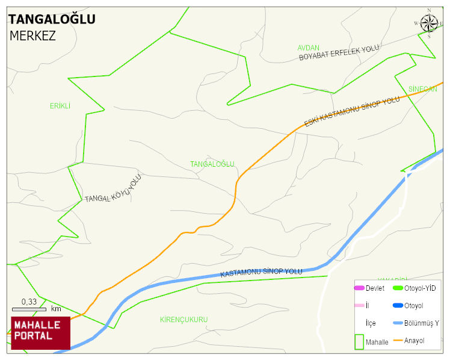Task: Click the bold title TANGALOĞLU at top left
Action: [52, 19]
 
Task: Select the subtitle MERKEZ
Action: [32, 36]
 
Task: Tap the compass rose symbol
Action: [429, 23]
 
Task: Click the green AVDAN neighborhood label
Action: [308, 48]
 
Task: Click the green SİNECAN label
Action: [422, 89]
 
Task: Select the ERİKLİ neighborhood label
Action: [60, 106]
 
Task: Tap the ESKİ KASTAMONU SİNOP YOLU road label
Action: [351, 112]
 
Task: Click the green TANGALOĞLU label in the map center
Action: [212, 164]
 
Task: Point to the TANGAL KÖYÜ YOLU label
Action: [112, 189]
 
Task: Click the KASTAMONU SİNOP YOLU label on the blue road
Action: [261, 273]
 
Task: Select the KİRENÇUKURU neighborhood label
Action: [183, 319]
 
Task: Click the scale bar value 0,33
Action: [29, 302]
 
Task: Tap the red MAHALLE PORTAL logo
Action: [40, 332]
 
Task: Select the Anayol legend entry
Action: [414, 341]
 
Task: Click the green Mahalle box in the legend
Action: [359, 341]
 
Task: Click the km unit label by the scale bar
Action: [56, 309]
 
